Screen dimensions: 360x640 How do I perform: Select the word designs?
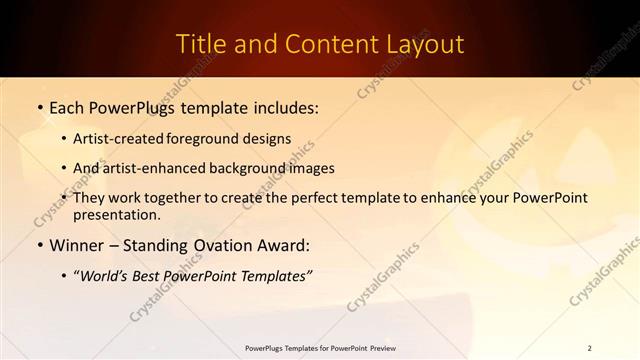click(x=268, y=138)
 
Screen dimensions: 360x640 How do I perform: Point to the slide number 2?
click(x=590, y=348)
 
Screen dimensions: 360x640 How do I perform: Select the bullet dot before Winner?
click(x=39, y=244)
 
